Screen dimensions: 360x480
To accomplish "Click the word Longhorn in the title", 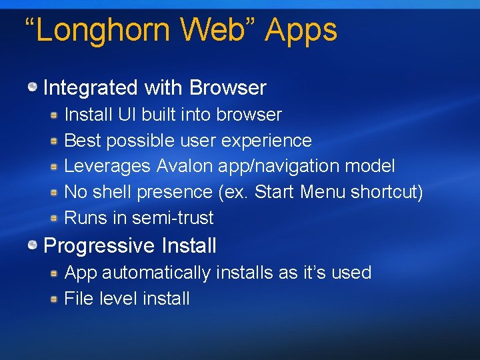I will coord(106,31).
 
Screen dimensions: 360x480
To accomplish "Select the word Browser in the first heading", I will coord(228,87).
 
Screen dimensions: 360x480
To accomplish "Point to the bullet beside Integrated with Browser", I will coord(33,87).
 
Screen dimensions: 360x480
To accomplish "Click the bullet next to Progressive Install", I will coord(33,245).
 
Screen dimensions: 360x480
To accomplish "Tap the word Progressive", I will coord(99,246).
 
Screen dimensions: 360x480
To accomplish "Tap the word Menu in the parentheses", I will coord(323,192).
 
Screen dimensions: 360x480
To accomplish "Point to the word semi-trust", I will coord(173,218).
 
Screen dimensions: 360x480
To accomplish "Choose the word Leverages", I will coord(108,166).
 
